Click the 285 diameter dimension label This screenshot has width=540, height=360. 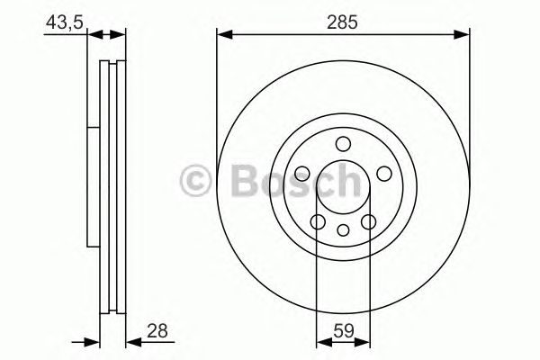coord(344,21)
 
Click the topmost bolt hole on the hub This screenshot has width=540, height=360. coord(343,144)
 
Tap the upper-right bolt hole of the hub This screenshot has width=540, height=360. coord(382,173)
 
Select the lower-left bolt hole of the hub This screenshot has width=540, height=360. coord(318,221)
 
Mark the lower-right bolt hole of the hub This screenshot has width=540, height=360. coord(368,221)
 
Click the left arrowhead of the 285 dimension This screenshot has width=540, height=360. coord(222,36)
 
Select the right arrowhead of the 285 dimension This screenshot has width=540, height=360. coord(463,36)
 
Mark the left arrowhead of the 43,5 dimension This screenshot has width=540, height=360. coord(92,36)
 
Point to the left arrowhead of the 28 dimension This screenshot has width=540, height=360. coord(92,343)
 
